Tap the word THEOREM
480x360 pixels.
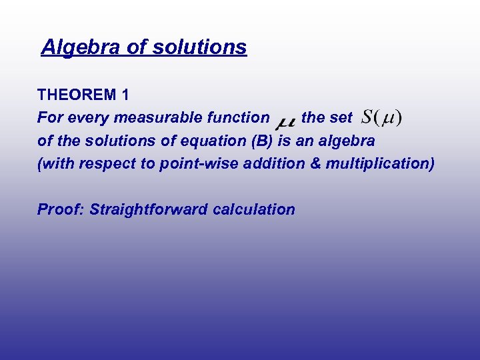pyautogui.click(x=77, y=95)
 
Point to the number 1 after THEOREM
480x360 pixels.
pyautogui.click(x=125, y=95)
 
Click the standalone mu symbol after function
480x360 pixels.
pyautogui.click(x=285, y=121)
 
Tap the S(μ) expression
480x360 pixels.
pyautogui.click(x=381, y=118)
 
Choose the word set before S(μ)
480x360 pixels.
pyautogui.click(x=341, y=118)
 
